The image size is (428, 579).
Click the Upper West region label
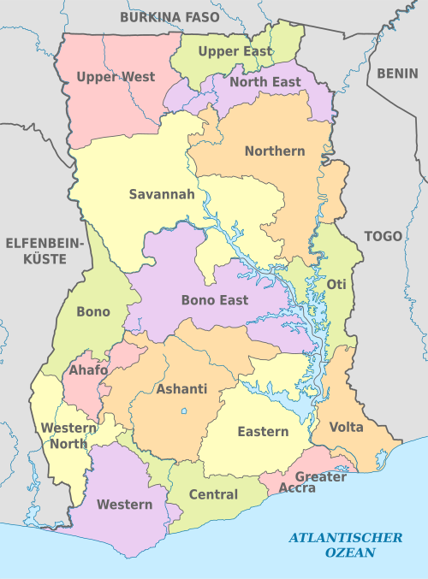(x=116, y=77)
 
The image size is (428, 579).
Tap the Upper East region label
(x=235, y=51)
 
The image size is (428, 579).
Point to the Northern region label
(x=275, y=151)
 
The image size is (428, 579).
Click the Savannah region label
(x=162, y=194)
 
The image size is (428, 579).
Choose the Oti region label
(x=336, y=284)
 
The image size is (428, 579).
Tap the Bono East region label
(x=215, y=300)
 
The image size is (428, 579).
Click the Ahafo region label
(x=88, y=371)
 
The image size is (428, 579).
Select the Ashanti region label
(x=182, y=389)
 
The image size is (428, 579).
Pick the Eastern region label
(x=263, y=432)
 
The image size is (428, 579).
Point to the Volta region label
(x=346, y=427)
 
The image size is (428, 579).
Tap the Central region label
(x=213, y=494)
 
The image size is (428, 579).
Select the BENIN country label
(x=399, y=73)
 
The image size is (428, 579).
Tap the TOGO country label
(x=383, y=236)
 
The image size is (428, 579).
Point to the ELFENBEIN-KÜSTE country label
(x=43, y=250)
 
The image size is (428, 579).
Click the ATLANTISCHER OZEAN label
(x=346, y=545)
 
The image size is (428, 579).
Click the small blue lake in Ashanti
(x=184, y=411)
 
